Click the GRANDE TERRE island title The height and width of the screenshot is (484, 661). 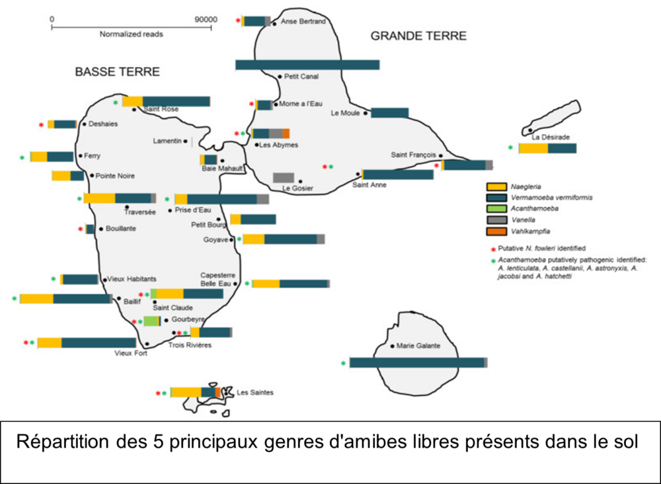(418, 36)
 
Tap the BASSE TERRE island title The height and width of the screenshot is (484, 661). (117, 71)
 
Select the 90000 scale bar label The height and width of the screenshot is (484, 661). (206, 19)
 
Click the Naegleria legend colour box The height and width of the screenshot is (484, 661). (496, 186)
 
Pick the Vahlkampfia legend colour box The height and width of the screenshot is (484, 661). (496, 231)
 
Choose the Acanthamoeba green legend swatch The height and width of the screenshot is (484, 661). (496, 209)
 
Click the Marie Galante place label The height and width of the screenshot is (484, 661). (418, 346)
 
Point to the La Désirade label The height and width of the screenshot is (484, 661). (551, 137)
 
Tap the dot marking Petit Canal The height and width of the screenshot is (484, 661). (280, 77)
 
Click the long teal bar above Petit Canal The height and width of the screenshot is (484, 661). (307, 65)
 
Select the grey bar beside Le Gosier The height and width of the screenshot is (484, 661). (284, 177)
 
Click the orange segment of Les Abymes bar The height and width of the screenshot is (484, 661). (286, 134)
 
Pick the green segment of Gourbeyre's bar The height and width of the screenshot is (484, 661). (151, 321)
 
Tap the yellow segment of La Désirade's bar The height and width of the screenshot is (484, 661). (533, 148)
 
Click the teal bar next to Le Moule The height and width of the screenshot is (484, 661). (389, 113)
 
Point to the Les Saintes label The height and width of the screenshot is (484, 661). (255, 393)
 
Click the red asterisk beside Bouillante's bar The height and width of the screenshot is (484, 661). (81, 229)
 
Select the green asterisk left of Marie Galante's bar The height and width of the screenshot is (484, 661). (344, 364)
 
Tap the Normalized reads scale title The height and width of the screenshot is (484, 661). (131, 34)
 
